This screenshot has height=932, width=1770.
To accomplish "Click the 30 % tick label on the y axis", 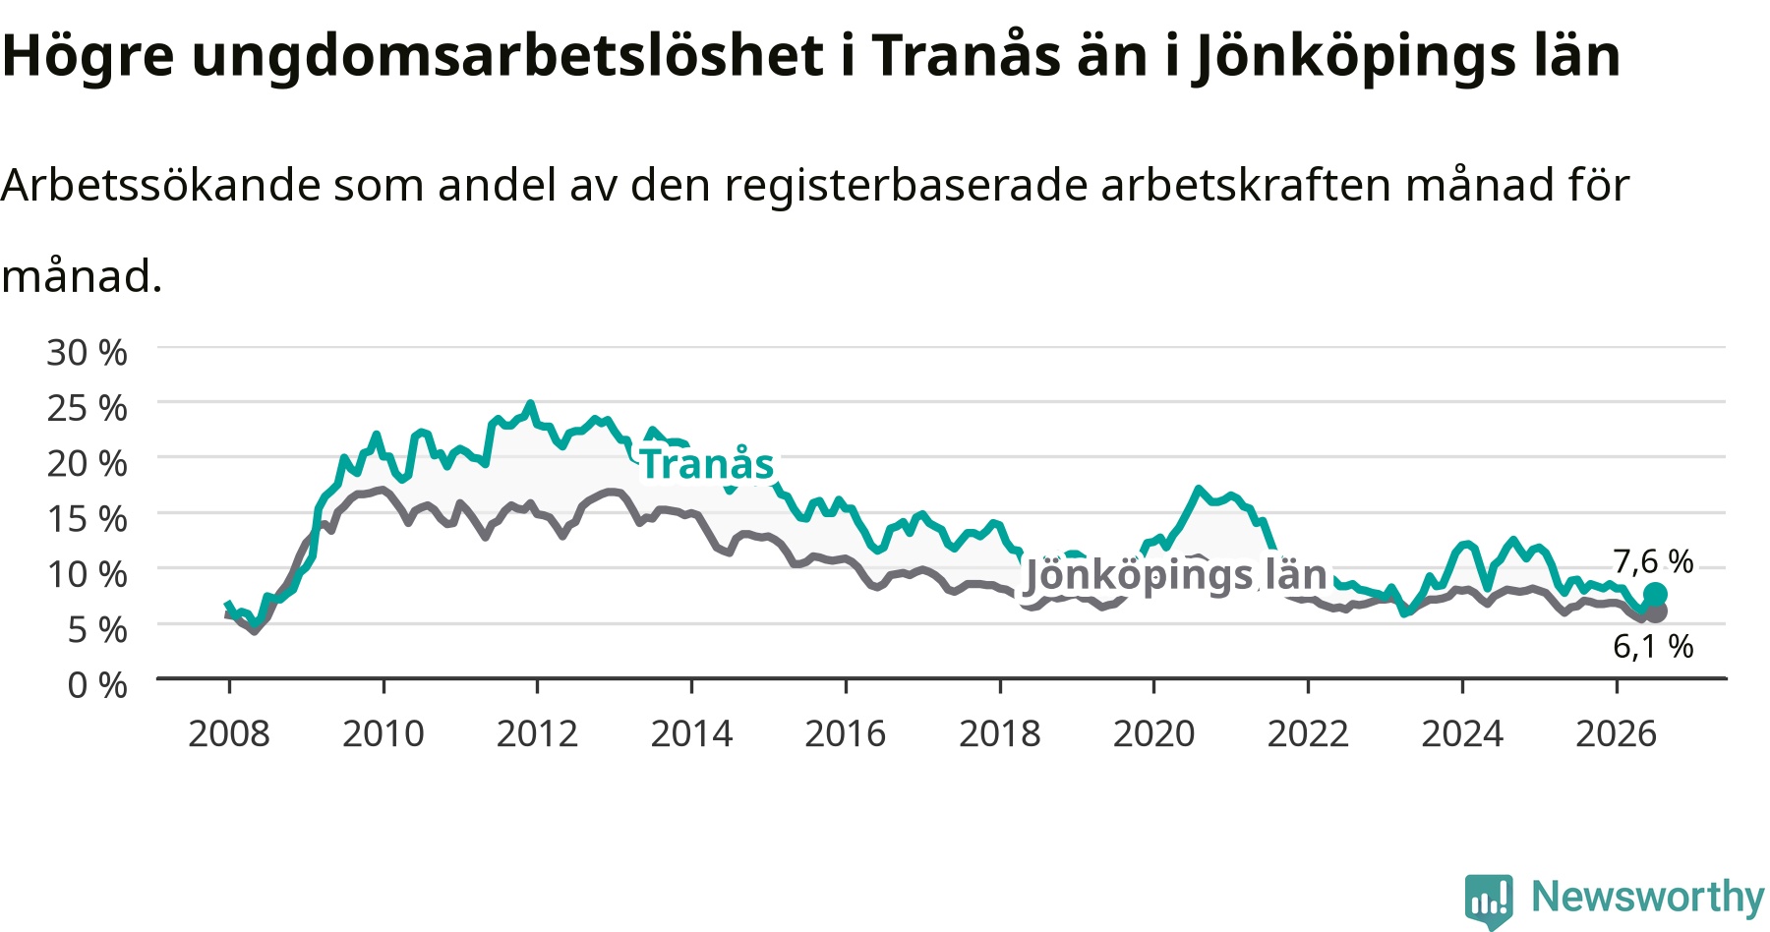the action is click(87, 352).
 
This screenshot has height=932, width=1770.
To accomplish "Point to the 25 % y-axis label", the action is click(87, 408).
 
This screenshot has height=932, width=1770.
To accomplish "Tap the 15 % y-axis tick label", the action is click(87, 518).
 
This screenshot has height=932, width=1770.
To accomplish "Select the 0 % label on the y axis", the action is click(96, 684).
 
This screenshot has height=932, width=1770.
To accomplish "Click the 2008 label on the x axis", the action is click(229, 733).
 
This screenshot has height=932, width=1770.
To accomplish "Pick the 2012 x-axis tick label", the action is click(537, 733).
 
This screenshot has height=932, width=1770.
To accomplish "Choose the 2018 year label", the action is click(999, 733).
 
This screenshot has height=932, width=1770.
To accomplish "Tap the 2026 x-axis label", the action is click(1617, 733).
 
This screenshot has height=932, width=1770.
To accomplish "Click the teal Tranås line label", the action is click(707, 464).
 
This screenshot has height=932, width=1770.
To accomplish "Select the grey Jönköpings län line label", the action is click(1176, 575).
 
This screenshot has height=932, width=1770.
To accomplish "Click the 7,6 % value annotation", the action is click(1653, 561).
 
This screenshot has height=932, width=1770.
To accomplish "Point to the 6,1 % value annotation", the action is click(1653, 646).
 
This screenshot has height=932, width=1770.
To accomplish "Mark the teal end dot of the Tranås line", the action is click(1655, 594).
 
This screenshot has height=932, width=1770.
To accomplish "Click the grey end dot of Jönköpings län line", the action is click(1656, 612).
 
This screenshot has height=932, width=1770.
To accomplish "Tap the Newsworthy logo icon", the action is click(1489, 901).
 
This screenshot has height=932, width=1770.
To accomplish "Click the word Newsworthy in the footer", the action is click(1648, 897).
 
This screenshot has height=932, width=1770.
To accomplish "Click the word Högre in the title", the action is click(88, 55).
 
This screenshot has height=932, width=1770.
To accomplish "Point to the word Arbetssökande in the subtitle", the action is click(161, 185).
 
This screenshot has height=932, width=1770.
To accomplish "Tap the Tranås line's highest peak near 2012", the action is click(531, 403).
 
